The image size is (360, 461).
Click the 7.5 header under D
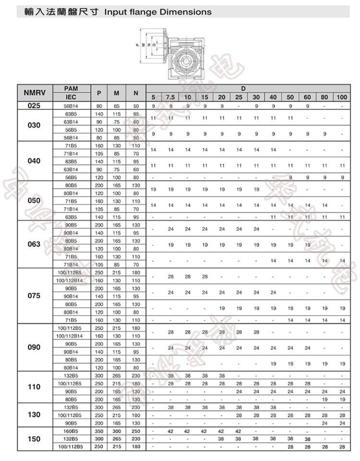pos(170,97)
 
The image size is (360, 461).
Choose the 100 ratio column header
pos(342,97)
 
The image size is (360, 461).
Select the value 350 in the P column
pos(99,431)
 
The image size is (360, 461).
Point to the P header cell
pos(99,93)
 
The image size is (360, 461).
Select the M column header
pos(117,93)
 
